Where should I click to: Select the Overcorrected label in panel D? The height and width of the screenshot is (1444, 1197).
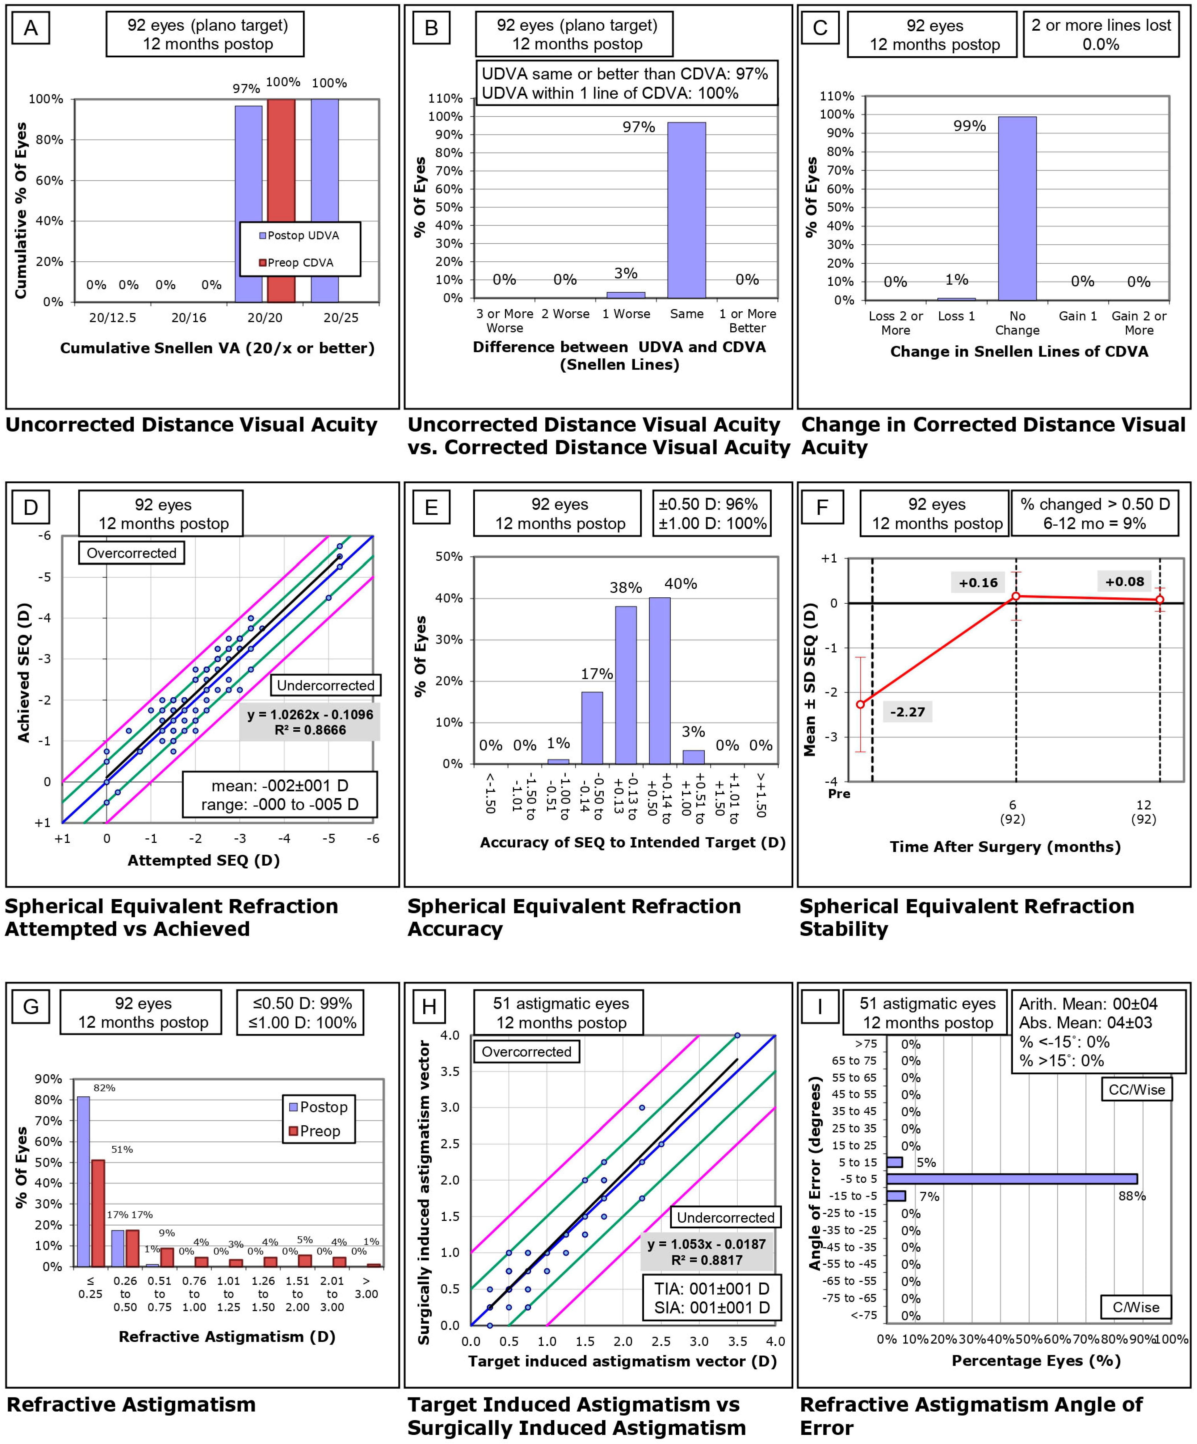[x=131, y=553]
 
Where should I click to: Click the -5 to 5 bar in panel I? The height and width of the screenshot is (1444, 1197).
[x=1011, y=1179]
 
